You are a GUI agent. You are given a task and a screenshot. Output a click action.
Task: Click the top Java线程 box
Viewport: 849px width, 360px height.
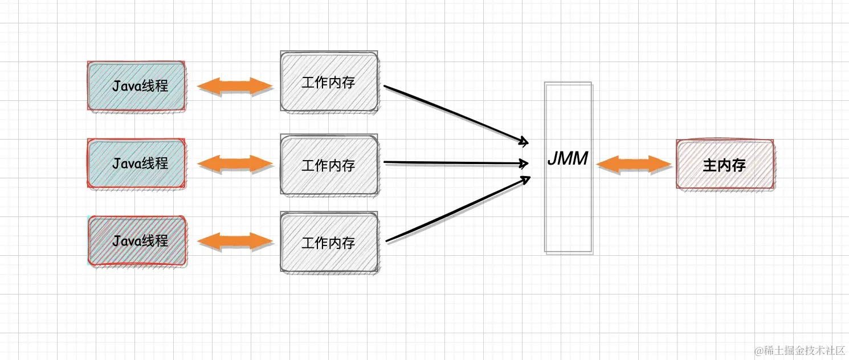pos(137,86)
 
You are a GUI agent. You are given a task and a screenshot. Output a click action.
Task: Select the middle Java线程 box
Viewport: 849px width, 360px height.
pos(137,163)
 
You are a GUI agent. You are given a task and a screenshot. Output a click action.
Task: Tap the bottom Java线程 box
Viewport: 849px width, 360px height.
pos(137,241)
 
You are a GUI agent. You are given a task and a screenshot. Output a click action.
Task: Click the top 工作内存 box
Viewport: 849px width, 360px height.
pos(329,82)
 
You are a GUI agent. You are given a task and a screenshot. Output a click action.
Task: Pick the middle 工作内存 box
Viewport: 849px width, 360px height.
pos(329,165)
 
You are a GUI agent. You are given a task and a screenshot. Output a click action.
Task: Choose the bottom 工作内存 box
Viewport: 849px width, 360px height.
pos(329,242)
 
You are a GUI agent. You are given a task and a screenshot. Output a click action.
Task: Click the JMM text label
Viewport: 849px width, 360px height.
pos(568,159)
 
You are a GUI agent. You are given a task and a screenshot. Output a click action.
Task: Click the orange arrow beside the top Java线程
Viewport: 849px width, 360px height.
pos(235,87)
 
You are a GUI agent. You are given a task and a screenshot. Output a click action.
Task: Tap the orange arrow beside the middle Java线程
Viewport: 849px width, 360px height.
pos(235,163)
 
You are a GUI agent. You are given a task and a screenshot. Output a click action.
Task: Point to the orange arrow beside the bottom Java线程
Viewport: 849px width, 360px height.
pos(235,241)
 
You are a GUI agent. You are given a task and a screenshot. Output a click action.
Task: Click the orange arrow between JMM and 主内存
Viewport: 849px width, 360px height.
pos(634,164)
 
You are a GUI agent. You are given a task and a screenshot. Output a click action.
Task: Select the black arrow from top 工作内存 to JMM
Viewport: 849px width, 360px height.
pos(456,114)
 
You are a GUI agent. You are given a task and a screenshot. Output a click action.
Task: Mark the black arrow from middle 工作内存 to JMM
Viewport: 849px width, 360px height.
pos(456,163)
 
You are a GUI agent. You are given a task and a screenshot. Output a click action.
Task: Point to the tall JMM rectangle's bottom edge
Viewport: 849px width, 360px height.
pos(568,252)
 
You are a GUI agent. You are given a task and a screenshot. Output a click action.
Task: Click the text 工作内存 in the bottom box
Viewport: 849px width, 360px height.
pos(328,243)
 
